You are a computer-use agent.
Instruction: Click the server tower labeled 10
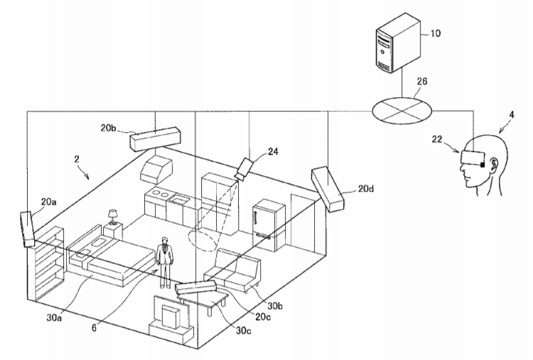(x=398, y=43)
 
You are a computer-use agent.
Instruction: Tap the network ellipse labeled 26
(x=402, y=111)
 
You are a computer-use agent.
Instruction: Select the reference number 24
(x=273, y=151)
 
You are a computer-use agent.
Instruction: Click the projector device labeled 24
(x=244, y=169)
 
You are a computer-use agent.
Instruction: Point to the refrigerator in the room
(x=269, y=225)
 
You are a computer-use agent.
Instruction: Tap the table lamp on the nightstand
(x=112, y=217)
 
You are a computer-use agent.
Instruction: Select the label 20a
(x=48, y=202)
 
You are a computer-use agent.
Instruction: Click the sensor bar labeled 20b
(x=155, y=138)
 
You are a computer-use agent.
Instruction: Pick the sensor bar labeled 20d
(x=328, y=188)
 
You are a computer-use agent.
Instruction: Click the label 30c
(x=244, y=329)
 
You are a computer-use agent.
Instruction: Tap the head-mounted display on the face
(x=473, y=157)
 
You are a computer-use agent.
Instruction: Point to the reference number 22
(x=437, y=139)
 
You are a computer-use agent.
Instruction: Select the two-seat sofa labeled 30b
(x=233, y=270)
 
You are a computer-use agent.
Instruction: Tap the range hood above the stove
(x=156, y=169)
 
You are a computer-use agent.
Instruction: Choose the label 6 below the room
(x=95, y=327)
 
